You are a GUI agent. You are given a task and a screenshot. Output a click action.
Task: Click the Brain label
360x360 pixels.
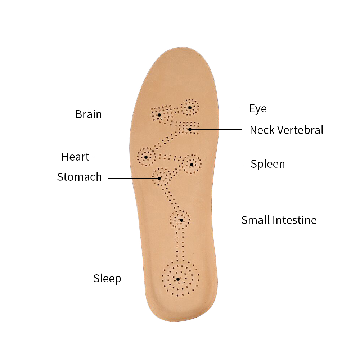pyautogui.click(x=89, y=114)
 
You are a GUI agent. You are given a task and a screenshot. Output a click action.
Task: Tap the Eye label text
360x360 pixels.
pyautogui.click(x=258, y=109)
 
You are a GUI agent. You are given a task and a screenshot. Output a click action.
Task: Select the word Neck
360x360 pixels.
pyautogui.click(x=262, y=130)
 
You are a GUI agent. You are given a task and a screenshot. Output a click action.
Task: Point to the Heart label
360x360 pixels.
pyautogui.click(x=75, y=157)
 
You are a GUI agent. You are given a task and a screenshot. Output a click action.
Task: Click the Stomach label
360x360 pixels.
pyautogui.click(x=80, y=177)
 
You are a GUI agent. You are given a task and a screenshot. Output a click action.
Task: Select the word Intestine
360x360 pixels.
pyautogui.click(x=294, y=220)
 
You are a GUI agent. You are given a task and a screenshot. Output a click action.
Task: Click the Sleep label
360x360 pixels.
pyautogui.click(x=107, y=279)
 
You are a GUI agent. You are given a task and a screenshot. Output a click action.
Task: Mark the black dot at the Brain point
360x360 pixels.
pyautogui.click(x=159, y=115)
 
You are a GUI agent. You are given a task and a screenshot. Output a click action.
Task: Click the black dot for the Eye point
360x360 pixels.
pyautogui.click(x=190, y=108)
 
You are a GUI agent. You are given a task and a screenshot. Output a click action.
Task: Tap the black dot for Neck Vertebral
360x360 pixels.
pyautogui.click(x=190, y=130)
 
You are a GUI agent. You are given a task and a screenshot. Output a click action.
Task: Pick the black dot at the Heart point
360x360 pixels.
pyautogui.click(x=146, y=157)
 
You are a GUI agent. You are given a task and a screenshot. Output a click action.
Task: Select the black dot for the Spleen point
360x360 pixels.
pyautogui.click(x=192, y=165)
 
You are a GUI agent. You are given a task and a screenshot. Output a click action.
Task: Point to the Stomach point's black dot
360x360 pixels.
pyautogui.click(x=159, y=178)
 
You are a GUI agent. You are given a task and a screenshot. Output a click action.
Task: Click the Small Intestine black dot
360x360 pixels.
pyautogui.click(x=181, y=220)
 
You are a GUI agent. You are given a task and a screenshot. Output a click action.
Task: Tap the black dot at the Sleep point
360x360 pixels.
pyautogui.click(x=178, y=279)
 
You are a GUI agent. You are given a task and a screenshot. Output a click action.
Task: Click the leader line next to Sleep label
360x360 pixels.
pyautogui.click(x=152, y=279)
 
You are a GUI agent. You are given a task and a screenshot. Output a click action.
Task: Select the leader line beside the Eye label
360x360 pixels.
pyautogui.click(x=216, y=108)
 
